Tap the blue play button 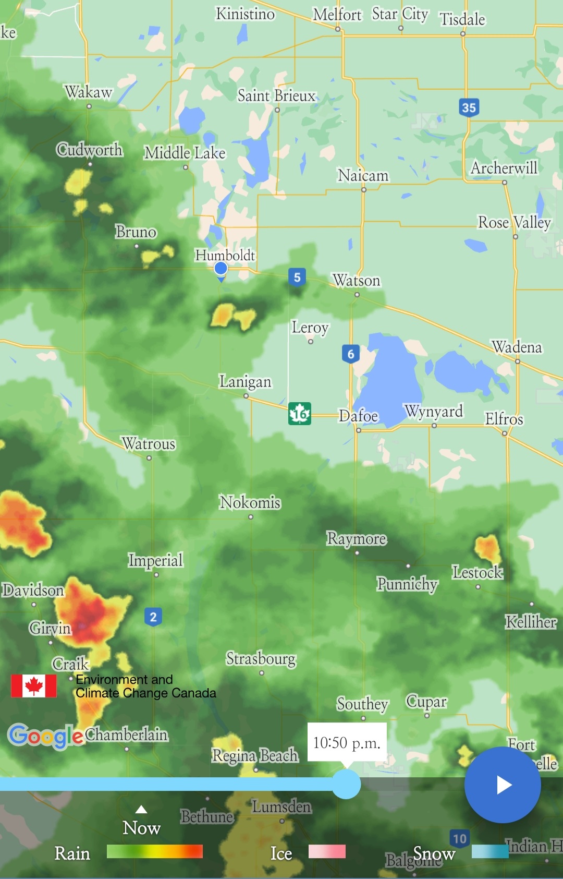(503, 785)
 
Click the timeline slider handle (346, 784)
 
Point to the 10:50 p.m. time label (347, 742)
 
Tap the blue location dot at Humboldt (221, 268)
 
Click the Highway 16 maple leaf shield (300, 414)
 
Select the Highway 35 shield (469, 107)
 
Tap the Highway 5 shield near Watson (297, 277)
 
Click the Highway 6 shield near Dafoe (351, 354)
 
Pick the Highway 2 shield (153, 617)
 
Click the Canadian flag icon (34, 686)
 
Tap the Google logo (45, 736)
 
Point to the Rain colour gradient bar (154, 851)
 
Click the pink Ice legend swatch (327, 851)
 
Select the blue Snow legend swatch (489, 851)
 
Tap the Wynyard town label (434, 411)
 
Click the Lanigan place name (245, 381)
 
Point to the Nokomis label (250, 502)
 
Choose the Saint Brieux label (276, 95)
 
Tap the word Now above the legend (141, 828)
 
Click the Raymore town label (357, 538)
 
